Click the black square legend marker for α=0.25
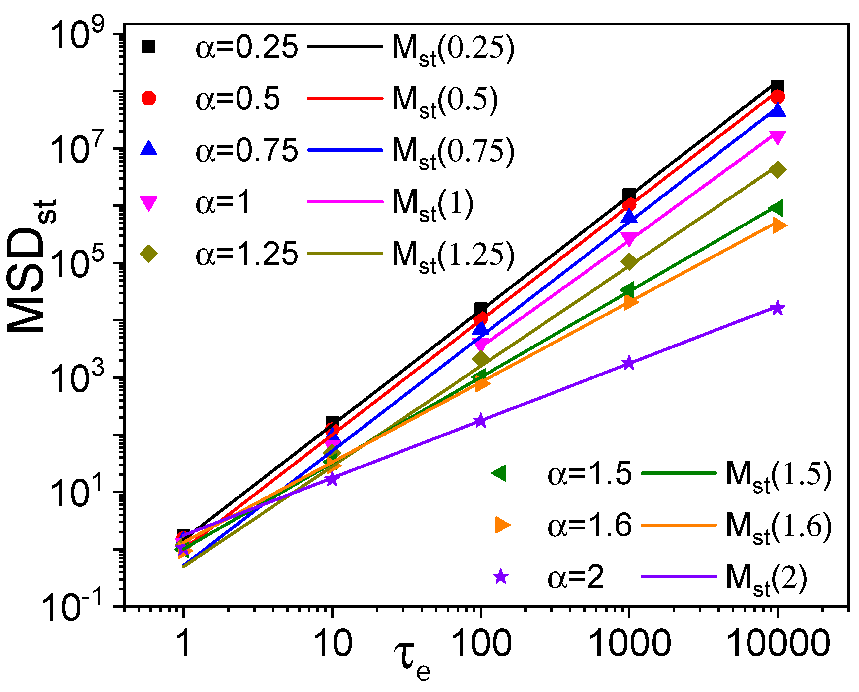point(149,46)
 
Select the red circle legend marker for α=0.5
point(149,98)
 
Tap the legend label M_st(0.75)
point(453,151)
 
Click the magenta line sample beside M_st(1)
point(345,202)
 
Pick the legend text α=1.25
point(246,254)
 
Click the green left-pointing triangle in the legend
point(499,473)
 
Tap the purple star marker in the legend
point(500,577)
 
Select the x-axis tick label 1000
point(629,644)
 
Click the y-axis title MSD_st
point(32,266)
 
